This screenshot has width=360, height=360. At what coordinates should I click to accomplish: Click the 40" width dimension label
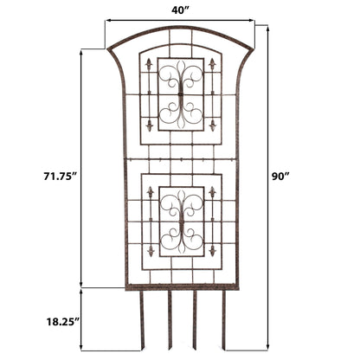pyautogui.click(x=180, y=10)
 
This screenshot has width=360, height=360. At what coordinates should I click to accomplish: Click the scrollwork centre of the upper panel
pyautogui.click(x=181, y=94)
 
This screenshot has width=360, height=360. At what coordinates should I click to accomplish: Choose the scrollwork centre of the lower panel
pyautogui.click(x=181, y=221)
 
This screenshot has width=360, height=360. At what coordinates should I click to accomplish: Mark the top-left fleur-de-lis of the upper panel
pyautogui.click(x=149, y=64)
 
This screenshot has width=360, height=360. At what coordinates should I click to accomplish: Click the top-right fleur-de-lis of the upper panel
pyautogui.click(x=212, y=64)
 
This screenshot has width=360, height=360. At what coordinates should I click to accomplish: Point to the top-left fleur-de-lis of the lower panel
pyautogui.click(x=150, y=191)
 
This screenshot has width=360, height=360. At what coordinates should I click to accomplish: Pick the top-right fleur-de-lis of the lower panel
pyautogui.click(x=212, y=191)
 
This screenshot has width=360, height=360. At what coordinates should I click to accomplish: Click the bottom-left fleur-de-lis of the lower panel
pyautogui.click(x=150, y=251)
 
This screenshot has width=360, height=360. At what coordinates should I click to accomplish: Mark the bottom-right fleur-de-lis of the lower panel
pyautogui.click(x=212, y=251)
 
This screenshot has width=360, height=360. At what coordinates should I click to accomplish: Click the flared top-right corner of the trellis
pyautogui.click(x=252, y=48)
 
